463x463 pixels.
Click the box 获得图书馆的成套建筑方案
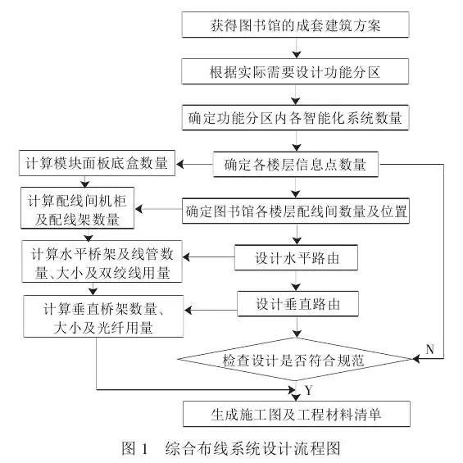tap(295, 25)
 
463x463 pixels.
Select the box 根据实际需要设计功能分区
tap(295, 71)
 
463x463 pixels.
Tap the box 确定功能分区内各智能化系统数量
tap(295, 117)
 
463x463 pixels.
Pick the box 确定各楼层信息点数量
tap(296, 164)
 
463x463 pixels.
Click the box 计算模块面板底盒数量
tap(98, 163)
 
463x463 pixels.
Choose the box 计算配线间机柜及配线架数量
tap(77, 208)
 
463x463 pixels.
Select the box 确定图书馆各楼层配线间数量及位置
tap(296, 211)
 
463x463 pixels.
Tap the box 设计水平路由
tap(296, 257)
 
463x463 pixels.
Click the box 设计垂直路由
tap(298, 304)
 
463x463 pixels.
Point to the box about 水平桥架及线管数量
tap(102, 261)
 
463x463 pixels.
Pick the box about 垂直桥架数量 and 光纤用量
tap(103, 316)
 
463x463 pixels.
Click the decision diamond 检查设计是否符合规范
tap(295, 360)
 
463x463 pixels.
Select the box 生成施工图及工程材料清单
tap(297, 414)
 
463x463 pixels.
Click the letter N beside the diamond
tap(430, 349)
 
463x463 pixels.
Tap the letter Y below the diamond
tap(309, 390)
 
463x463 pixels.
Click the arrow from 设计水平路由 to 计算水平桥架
tap(208, 257)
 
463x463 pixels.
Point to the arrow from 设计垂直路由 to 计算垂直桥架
tap(211, 310)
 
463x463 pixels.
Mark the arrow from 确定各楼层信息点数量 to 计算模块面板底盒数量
tap(195, 164)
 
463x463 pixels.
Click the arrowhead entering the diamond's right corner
tap(416, 359)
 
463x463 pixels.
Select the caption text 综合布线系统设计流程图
tap(252, 448)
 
